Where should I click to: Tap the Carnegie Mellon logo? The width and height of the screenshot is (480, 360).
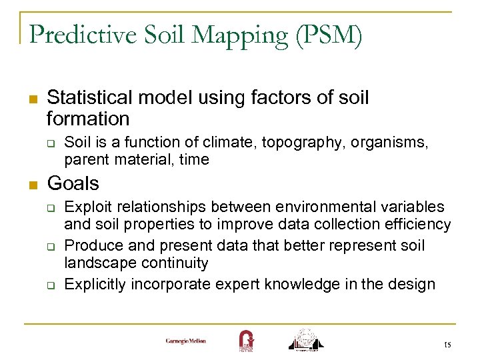click(x=186, y=341)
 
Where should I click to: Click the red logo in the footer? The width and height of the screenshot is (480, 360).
click(x=246, y=340)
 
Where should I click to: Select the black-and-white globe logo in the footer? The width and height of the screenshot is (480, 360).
click(x=305, y=339)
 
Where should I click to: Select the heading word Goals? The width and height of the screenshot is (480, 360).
click(x=73, y=183)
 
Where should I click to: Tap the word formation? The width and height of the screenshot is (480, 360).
click(x=88, y=119)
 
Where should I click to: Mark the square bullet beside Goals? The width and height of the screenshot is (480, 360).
click(x=31, y=184)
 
